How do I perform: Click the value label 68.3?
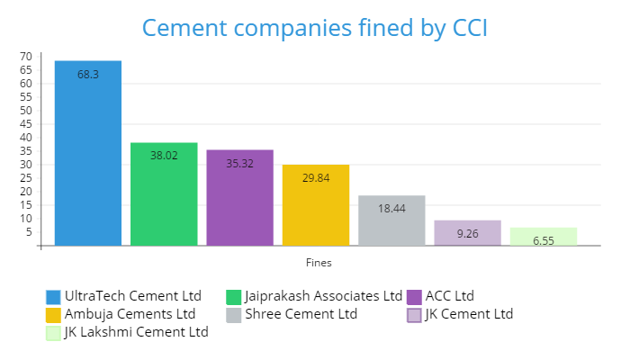click(87, 74)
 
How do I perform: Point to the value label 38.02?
click(164, 156)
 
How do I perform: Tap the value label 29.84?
click(315, 178)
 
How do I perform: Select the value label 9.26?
click(467, 233)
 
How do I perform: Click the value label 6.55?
click(543, 240)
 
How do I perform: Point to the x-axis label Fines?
click(318, 263)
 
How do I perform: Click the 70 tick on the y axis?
click(25, 57)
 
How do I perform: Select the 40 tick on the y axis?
click(25, 138)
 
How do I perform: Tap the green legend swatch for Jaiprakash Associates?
click(233, 296)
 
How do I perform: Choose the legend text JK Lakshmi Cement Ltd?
click(136, 332)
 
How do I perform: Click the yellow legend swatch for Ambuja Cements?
click(53, 314)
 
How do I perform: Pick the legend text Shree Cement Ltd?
click(303, 314)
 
